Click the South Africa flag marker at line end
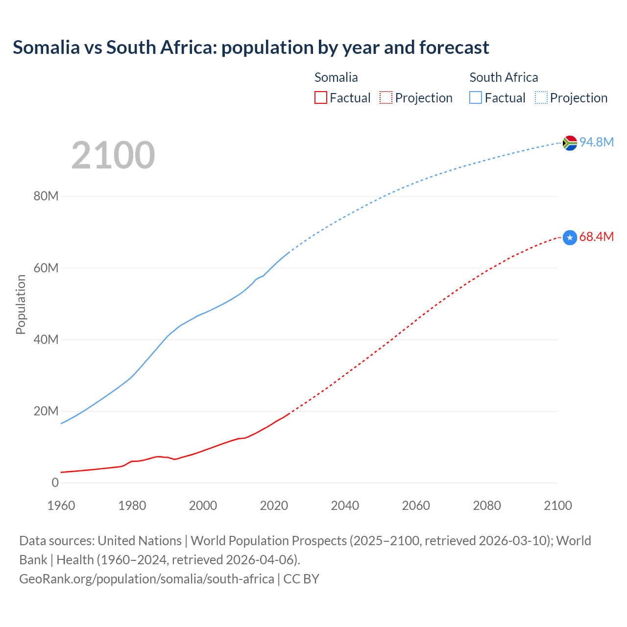tap(570, 143)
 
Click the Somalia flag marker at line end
tap(570, 238)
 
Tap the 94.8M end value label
tap(597, 142)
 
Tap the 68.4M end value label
tap(597, 237)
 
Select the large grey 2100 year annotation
tap(113, 155)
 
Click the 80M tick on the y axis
tap(46, 196)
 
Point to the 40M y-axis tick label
tap(46, 339)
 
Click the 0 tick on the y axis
tap(55, 482)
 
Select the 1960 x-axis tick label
tap(61, 506)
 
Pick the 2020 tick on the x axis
tap(274, 506)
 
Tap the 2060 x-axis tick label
tap(416, 506)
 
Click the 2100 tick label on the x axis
tap(557, 506)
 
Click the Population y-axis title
tap(21, 304)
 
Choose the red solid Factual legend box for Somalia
tap(321, 97)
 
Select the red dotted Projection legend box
tap(386, 97)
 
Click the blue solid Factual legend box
tap(476, 97)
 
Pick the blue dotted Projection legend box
tap(541, 97)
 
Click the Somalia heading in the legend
tap(336, 77)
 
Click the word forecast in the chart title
tap(454, 48)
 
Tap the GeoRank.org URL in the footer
tap(146, 579)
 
